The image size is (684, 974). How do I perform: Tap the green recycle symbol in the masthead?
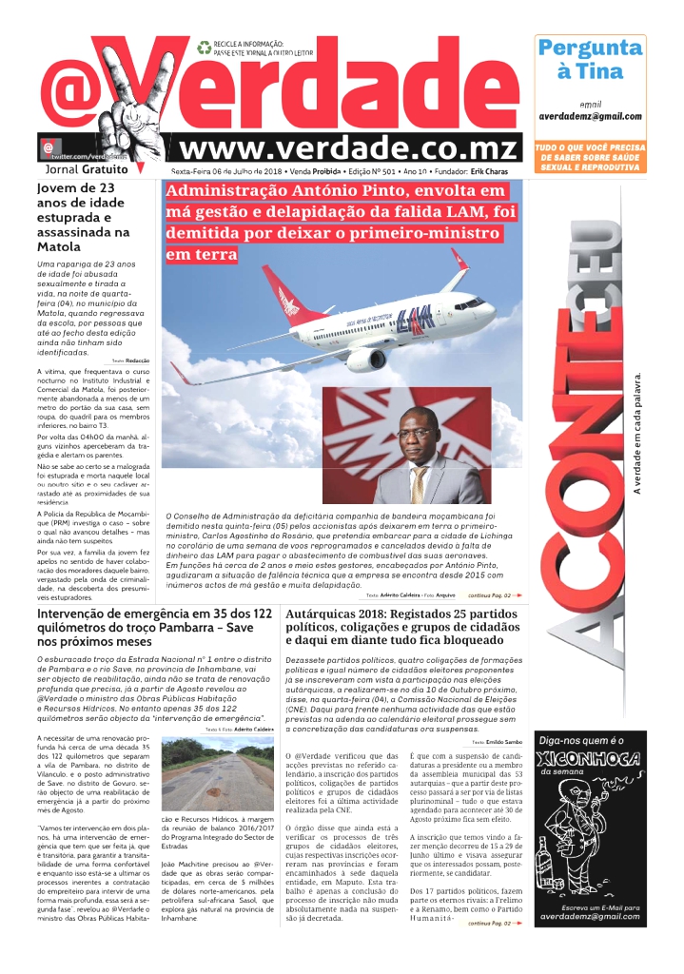coord(204,47)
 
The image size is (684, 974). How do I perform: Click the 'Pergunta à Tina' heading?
coord(590,59)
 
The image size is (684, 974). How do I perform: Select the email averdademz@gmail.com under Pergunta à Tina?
coord(590,116)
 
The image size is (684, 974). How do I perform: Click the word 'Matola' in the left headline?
coord(57,245)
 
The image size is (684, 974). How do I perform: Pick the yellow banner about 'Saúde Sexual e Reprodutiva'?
coord(590,157)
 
